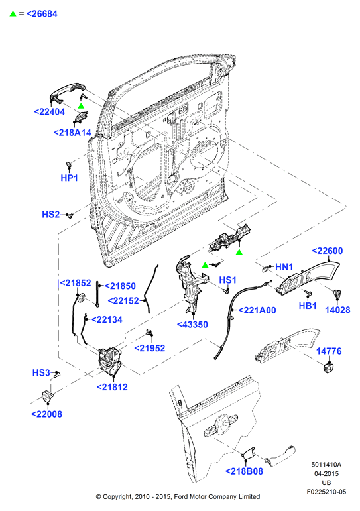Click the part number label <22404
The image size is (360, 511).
pos(50,112)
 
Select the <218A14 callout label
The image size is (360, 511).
pos(72,133)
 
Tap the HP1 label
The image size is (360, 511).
pos(69,178)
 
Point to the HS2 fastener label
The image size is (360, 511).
pos(51,215)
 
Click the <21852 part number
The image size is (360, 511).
pos(76,283)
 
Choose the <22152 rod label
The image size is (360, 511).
pos(123,300)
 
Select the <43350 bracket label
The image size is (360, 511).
pos(192,325)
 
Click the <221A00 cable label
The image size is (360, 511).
pos(257,310)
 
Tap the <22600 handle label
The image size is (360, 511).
pos(328,251)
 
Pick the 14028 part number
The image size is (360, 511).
pos(337,310)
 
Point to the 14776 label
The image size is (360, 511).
pos(329,351)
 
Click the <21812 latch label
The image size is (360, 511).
pos(112,387)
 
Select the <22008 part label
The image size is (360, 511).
pos(46,414)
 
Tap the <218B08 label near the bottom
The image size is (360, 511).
pos(244,471)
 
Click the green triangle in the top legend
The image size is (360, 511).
pos(13,14)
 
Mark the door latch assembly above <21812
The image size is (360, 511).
pos(110,360)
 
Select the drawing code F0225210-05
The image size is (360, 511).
pos(326,492)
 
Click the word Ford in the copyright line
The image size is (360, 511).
pos(180,496)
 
